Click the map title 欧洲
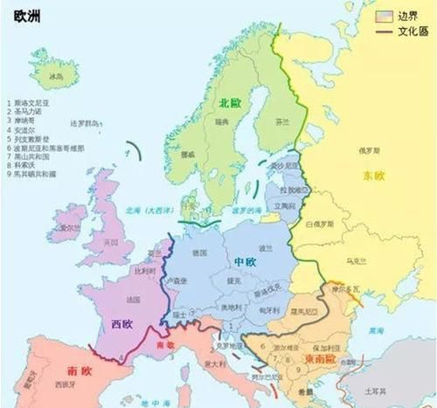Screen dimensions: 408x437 tap(25, 17)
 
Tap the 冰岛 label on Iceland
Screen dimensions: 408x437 tap(59, 77)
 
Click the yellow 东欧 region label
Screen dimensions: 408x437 tap(375, 176)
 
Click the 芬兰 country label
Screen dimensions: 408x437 tap(281, 124)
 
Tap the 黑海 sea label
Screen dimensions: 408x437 tap(376, 331)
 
